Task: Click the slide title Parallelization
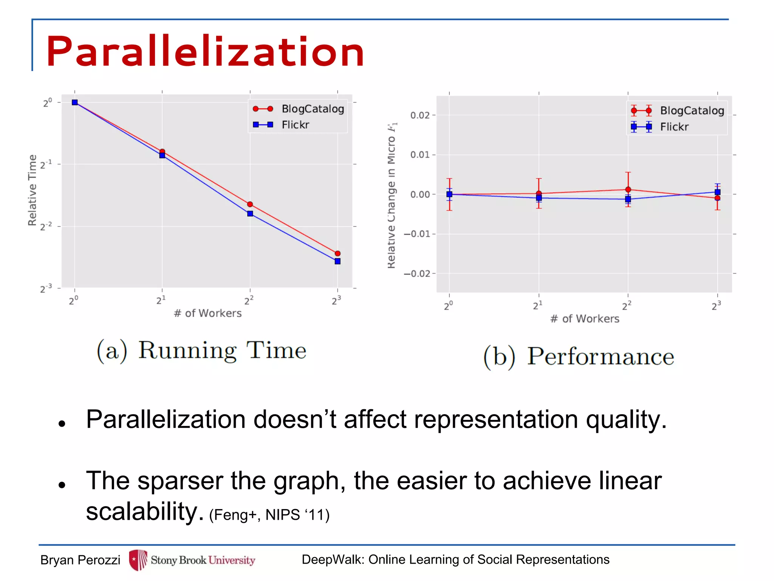[205, 51]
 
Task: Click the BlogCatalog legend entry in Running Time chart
[313, 109]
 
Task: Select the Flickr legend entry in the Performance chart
[674, 127]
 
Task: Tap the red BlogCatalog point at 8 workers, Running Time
[337, 253]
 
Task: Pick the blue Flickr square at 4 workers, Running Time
[250, 214]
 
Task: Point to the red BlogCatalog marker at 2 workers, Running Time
[162, 151]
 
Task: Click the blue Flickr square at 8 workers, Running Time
[337, 261]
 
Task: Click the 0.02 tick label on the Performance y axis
[420, 115]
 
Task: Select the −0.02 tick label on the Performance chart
[417, 273]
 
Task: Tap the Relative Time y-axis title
[33, 190]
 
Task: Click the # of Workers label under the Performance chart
[585, 319]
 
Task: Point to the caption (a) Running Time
[201, 350]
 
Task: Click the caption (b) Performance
[579, 356]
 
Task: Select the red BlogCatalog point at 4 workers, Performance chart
[628, 190]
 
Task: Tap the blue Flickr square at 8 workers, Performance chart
[717, 192]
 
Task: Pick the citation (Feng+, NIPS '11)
[269, 515]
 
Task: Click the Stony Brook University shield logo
[138, 560]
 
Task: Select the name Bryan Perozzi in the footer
[80, 560]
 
